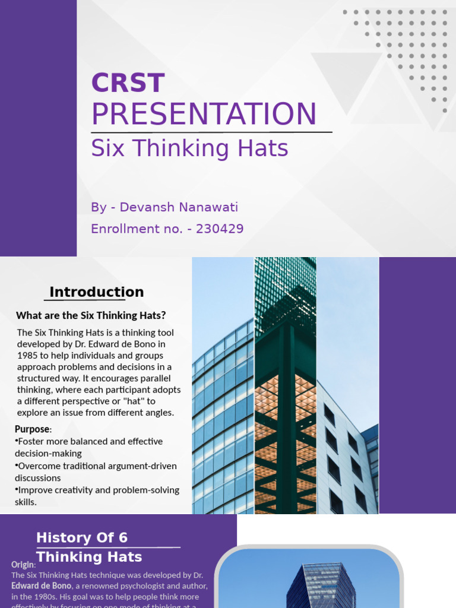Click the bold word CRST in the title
point(128,83)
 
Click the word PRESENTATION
point(204,113)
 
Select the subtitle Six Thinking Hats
point(189,148)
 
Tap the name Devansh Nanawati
point(179,207)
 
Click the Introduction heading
point(96,292)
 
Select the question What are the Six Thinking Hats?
point(91,315)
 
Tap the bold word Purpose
point(33,429)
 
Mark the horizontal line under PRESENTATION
point(211,132)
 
